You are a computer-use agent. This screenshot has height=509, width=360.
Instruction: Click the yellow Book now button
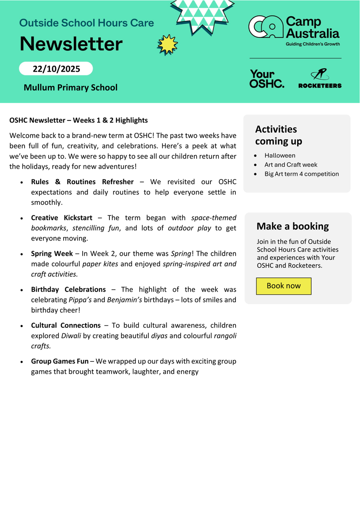pos(284,286)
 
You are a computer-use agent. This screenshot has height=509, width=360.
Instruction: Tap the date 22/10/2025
pos(56,69)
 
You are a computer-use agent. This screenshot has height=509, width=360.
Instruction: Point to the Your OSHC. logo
pos(267,79)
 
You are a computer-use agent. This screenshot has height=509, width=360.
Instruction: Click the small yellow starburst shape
pos(167,45)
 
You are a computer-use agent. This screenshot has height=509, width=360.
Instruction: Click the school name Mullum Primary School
pos(70,87)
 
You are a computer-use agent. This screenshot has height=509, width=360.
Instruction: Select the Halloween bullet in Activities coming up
pos(280,155)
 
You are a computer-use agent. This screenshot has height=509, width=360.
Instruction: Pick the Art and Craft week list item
pos(291,165)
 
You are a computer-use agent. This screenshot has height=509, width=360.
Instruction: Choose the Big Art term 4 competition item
pos(301,174)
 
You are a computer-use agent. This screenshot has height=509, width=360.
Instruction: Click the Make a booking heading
pos(293,226)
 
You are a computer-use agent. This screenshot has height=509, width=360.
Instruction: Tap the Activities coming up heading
pos(276,135)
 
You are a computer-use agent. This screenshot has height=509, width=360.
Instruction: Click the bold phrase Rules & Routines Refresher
pos(82,182)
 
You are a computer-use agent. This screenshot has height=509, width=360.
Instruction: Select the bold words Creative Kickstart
pos(61,218)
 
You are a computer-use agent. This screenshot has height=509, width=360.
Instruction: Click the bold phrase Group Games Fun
pos(60,361)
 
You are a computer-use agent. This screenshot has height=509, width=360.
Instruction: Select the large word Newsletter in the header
pos(71,44)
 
